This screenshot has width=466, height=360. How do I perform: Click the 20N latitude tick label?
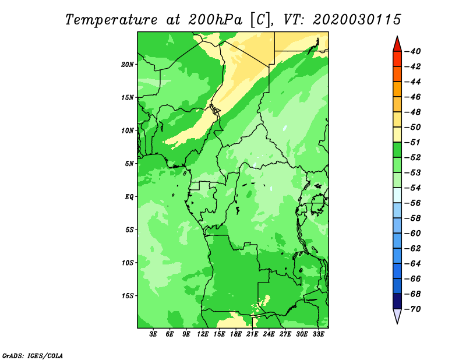click(128, 65)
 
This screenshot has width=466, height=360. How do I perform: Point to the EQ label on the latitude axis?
click(129, 197)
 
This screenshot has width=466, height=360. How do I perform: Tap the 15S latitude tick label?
click(128, 296)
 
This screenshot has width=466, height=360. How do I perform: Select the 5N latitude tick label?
click(129, 164)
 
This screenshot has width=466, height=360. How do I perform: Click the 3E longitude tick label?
click(153, 334)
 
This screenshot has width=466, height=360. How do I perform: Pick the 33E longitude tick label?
click(318, 334)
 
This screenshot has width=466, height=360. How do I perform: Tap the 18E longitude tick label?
click(236, 334)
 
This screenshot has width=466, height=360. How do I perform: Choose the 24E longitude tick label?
click(269, 334)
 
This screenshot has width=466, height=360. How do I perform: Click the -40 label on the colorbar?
click(412, 51)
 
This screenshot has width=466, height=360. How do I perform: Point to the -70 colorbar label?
click(412, 309)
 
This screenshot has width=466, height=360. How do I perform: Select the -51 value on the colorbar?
click(412, 142)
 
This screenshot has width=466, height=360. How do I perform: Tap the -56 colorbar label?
click(412, 203)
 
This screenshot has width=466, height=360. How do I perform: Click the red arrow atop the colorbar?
click(397, 44)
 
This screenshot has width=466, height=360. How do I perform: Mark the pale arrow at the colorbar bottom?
click(397, 316)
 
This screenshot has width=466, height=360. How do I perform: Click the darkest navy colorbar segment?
click(397, 301)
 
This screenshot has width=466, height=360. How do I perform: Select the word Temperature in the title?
click(111, 20)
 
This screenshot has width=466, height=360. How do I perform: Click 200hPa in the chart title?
click(215, 20)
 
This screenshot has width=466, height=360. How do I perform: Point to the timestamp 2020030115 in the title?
click(357, 20)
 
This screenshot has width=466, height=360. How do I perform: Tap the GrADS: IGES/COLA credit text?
click(33, 356)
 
